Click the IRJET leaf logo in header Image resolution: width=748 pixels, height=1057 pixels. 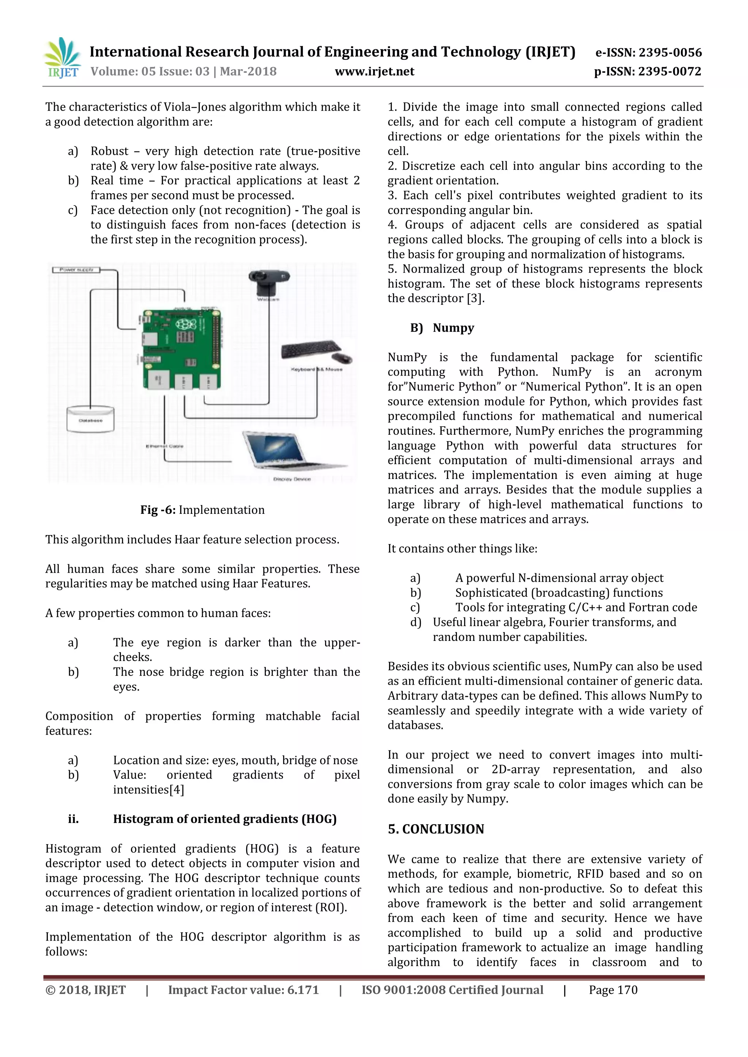(x=62, y=58)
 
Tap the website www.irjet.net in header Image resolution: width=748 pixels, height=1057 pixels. (x=374, y=72)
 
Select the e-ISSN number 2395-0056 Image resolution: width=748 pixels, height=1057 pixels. (x=668, y=53)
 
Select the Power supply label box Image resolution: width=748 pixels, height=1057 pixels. (x=76, y=270)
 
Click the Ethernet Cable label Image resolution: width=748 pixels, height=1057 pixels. (x=164, y=446)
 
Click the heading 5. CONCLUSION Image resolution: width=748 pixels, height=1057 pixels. (x=436, y=829)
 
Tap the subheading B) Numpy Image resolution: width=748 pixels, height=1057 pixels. (x=442, y=328)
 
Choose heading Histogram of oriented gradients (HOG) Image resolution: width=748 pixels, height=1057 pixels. (x=225, y=819)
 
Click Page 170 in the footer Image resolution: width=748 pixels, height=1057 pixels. (x=613, y=990)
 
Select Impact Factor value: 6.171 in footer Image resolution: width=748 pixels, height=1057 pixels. (x=243, y=990)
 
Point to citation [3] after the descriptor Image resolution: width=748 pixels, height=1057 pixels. (x=474, y=298)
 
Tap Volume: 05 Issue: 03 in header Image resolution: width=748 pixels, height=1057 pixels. (x=150, y=72)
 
